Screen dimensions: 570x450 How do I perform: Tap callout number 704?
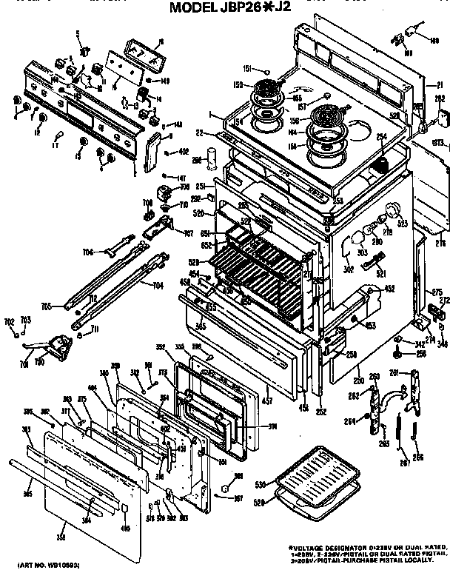(x=158, y=285)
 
